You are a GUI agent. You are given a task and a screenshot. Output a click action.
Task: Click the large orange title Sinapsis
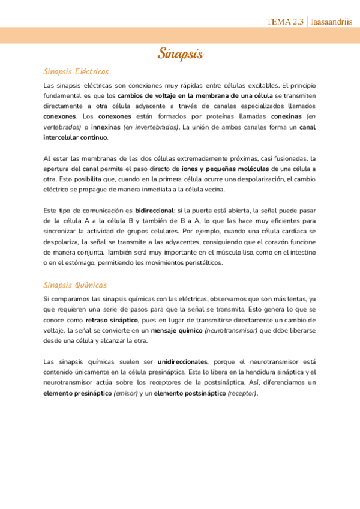181,53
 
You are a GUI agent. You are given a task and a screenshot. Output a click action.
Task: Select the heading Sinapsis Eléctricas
76,71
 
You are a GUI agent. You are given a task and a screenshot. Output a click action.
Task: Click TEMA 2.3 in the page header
286,22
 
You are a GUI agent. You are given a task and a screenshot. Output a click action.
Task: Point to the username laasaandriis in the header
332,22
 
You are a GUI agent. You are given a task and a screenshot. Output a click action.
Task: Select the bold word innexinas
105,127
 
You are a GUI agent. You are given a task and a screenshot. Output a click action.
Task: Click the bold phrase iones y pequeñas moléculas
224,169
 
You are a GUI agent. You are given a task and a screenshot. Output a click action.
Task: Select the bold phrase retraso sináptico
111,320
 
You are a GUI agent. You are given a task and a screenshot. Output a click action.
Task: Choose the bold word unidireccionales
182,362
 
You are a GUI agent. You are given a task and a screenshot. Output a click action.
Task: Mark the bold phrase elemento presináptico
77,393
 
